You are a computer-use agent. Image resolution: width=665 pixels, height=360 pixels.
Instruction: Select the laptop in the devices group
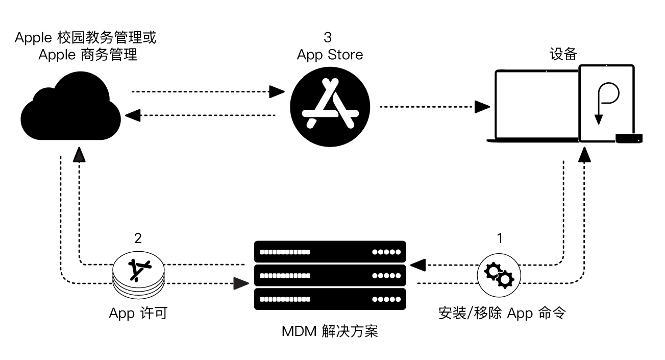click(x=536, y=107)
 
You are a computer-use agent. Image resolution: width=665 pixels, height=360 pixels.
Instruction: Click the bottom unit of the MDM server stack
click(x=330, y=299)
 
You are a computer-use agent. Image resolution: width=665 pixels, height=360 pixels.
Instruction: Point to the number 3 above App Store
click(x=328, y=38)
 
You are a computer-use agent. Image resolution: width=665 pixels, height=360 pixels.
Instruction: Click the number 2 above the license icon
click(x=138, y=238)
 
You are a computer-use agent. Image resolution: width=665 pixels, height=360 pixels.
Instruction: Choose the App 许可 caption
click(x=138, y=313)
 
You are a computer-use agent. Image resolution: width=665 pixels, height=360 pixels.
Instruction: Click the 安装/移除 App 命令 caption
click(x=502, y=313)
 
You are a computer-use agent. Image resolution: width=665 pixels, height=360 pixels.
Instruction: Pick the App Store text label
click(x=330, y=55)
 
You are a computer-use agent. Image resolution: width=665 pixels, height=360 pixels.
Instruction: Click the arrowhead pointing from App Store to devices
click(x=482, y=107)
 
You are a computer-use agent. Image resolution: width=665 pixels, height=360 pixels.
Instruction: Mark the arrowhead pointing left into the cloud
click(x=133, y=115)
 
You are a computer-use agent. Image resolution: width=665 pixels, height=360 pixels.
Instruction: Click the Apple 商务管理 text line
click(x=88, y=55)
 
